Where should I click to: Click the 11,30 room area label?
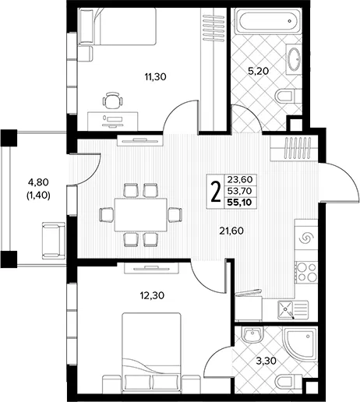(x=155, y=77)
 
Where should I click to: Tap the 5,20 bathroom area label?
(x=258, y=71)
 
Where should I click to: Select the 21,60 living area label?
(x=231, y=231)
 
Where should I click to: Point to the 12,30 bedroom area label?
(x=152, y=295)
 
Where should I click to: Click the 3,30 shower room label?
(x=266, y=361)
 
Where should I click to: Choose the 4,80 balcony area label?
(x=38, y=182)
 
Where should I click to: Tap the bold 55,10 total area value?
(x=239, y=203)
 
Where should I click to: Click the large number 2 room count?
(x=215, y=192)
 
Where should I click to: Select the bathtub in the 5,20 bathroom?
(x=268, y=21)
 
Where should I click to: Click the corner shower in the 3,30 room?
(x=300, y=341)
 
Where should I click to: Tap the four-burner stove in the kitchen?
(x=306, y=272)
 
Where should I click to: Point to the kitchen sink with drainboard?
(x=293, y=310)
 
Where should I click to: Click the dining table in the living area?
(x=141, y=215)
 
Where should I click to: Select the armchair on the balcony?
(x=54, y=241)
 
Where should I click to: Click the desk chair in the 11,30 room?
(x=112, y=100)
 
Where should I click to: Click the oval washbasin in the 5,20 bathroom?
(x=295, y=59)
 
